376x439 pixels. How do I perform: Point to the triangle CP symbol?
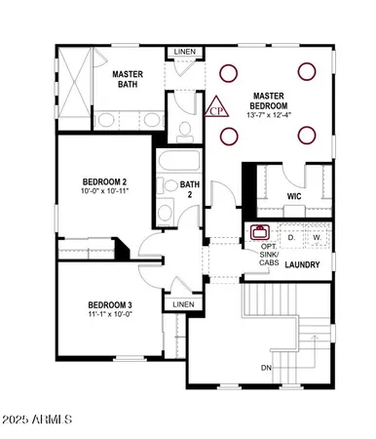click(217, 107)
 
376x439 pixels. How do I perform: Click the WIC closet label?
click(294, 197)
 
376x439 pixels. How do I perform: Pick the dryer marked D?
click(290, 237)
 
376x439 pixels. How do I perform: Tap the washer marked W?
click(317, 237)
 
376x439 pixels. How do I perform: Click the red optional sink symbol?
click(260, 233)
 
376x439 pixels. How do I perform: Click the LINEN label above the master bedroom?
click(183, 52)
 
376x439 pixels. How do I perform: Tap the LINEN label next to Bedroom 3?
click(183, 304)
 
